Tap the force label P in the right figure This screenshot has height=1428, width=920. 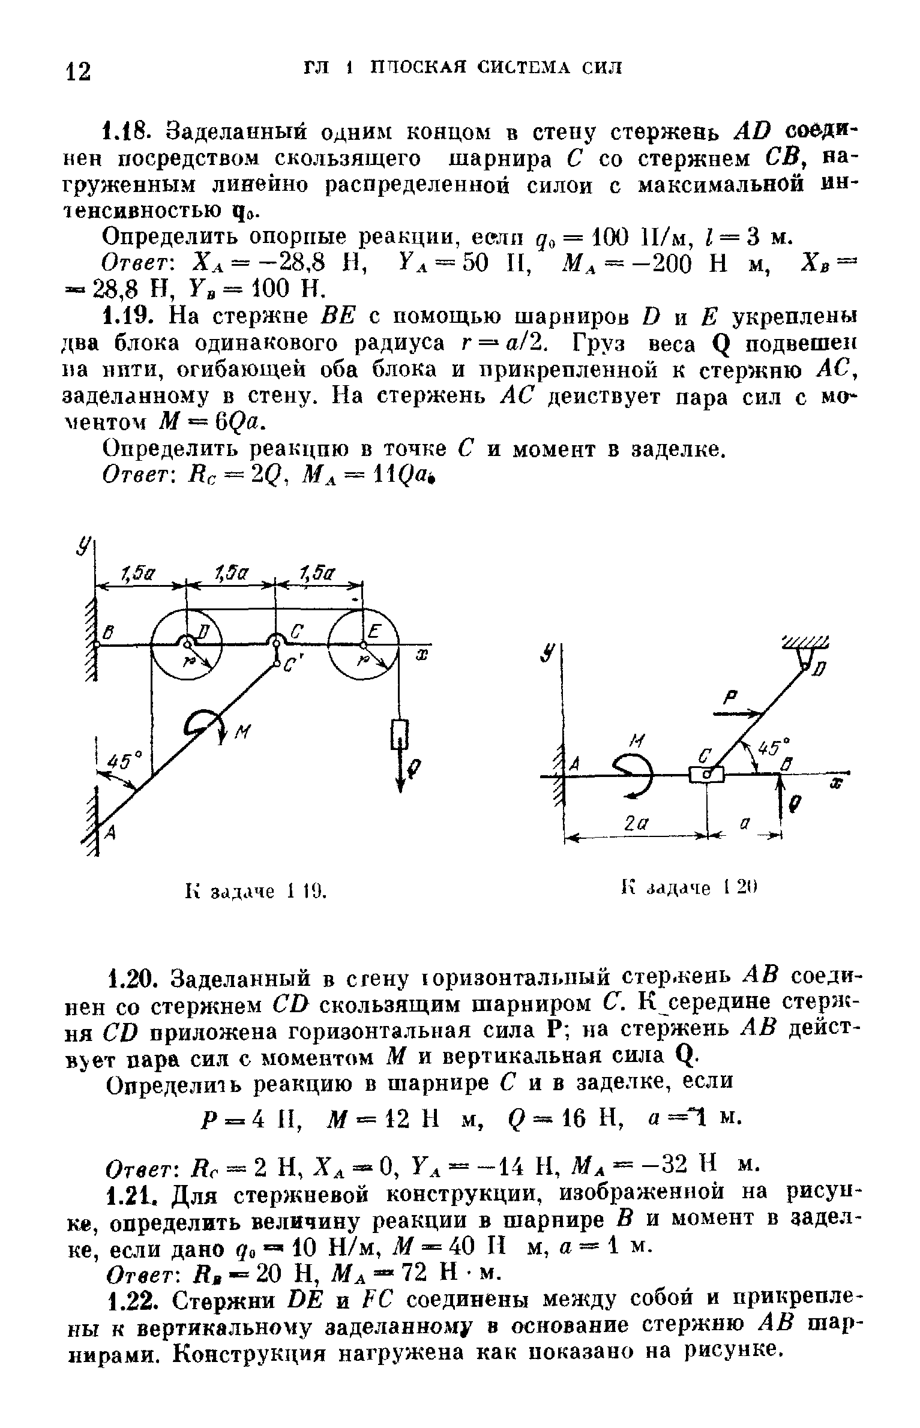730,697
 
